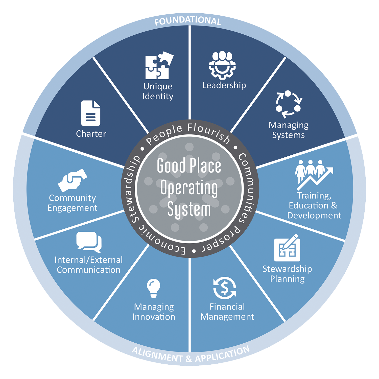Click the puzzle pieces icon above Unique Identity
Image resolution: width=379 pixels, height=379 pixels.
159,65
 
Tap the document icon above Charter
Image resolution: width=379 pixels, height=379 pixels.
91,113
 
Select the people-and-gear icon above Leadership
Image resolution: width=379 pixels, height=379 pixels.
222,65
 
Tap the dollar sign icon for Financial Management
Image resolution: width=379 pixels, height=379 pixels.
225,288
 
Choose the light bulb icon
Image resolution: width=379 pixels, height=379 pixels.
154,288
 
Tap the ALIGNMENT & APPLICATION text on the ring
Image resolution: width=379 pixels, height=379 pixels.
191,355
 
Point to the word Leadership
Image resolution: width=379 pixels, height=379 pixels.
224,85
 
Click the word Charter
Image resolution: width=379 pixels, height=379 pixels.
91,134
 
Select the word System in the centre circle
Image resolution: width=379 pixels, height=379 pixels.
189,209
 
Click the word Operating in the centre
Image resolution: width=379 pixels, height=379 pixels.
189,188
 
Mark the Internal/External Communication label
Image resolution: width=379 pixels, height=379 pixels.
89,265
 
